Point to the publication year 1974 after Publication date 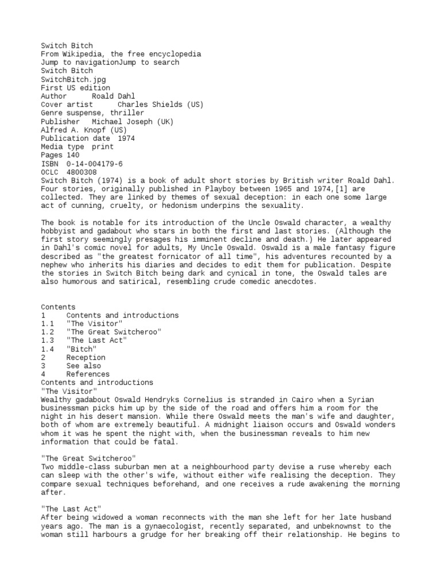tap(126, 138)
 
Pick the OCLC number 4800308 tap(82, 172)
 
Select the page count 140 tap(73, 155)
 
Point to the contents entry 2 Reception tap(86, 357)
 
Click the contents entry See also tap(83, 366)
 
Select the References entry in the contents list tap(88, 374)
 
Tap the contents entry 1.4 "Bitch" tap(82, 349)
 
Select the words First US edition tap(75, 88)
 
